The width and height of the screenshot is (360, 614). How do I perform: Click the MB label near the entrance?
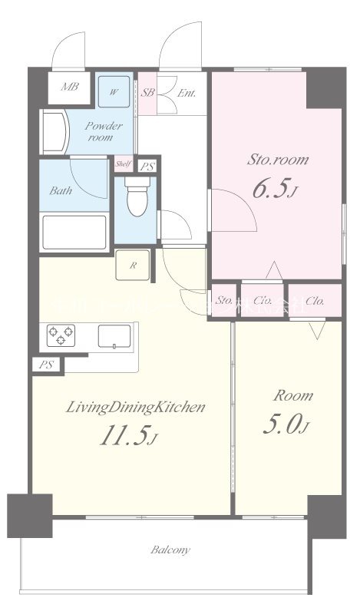click(x=70, y=88)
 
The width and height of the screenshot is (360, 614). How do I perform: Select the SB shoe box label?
click(x=148, y=93)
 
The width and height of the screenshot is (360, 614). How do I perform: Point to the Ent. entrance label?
click(x=187, y=94)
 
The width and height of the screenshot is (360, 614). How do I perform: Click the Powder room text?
click(x=100, y=131)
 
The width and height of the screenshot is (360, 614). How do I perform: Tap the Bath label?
click(x=62, y=190)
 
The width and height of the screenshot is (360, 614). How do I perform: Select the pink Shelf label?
click(x=123, y=164)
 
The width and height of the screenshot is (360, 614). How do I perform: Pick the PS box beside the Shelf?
click(x=146, y=165)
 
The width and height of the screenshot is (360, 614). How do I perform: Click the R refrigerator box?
click(x=133, y=266)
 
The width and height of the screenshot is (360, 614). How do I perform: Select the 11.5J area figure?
click(x=128, y=435)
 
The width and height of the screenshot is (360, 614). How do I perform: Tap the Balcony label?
click(x=170, y=550)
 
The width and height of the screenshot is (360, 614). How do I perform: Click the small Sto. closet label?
click(x=224, y=301)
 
